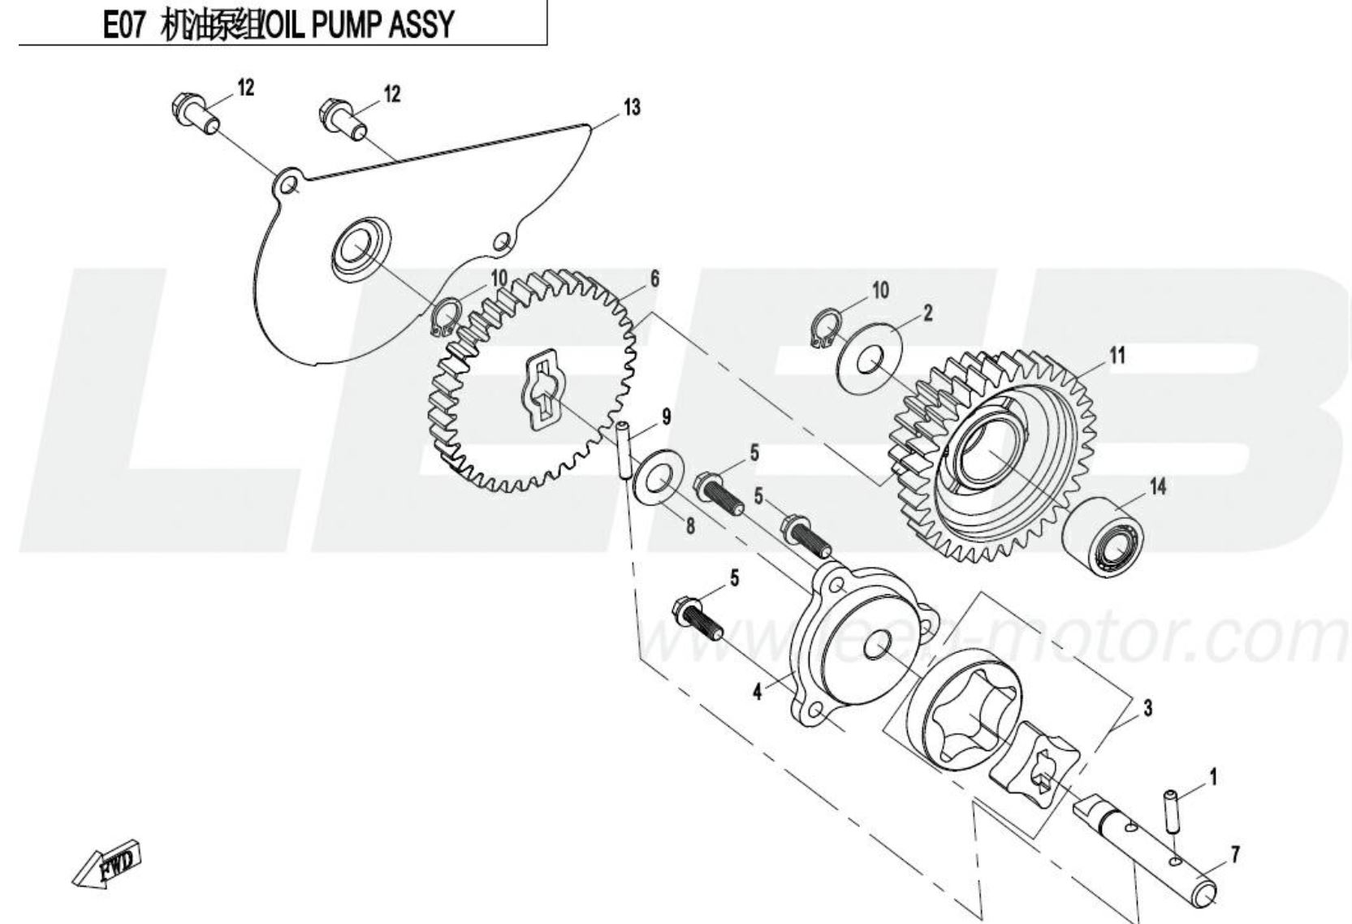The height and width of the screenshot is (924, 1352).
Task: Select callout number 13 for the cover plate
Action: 631,107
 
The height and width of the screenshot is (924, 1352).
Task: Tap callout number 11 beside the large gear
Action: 1117,355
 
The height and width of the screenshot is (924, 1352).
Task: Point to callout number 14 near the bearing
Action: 1157,486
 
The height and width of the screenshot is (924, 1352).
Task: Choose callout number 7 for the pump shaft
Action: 1234,854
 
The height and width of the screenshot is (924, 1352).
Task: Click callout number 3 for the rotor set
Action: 1147,708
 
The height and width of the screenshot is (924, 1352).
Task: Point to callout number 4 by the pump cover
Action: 757,693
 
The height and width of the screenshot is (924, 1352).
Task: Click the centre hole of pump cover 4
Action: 876,648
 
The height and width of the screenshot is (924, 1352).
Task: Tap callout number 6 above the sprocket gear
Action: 654,280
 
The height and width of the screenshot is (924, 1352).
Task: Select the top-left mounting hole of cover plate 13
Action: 287,186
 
